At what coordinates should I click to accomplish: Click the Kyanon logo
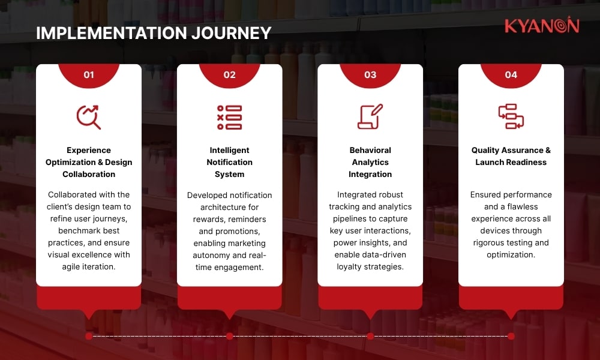541,26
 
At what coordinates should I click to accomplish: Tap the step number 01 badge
89,75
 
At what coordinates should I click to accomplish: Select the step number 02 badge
229,75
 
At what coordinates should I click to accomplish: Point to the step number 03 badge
370,75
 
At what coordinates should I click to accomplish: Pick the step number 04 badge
511,75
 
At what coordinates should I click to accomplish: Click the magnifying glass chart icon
89,117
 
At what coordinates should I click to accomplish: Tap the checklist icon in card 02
229,117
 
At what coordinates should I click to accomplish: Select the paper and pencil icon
370,117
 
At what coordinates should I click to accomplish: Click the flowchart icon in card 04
511,117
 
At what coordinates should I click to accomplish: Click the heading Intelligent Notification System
229,162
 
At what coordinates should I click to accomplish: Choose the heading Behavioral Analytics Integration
370,162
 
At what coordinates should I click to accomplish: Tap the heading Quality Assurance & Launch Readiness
511,156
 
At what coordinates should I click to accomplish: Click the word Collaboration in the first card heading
89,174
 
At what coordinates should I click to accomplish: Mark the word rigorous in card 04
490,242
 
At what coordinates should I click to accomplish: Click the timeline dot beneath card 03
370,336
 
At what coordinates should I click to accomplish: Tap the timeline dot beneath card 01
89,336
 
